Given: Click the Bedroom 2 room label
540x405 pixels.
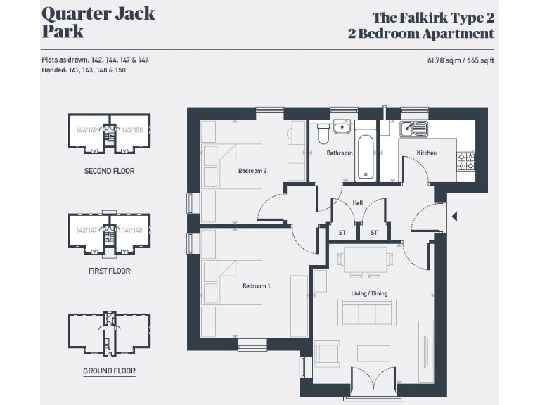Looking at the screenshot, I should [252, 171].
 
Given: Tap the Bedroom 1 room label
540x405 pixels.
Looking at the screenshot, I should [256, 286].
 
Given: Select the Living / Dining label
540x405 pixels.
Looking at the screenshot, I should [370, 293].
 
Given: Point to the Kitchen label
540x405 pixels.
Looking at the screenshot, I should [426, 153].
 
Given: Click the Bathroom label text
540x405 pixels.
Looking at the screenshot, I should [339, 153].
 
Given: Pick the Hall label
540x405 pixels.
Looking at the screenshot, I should [358, 203].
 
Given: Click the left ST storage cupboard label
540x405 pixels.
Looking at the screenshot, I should [342, 233].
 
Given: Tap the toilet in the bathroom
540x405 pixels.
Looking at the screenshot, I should [323, 132].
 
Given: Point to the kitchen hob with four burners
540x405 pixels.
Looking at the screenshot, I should [466, 161].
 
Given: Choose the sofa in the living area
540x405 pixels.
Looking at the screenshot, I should [364, 311].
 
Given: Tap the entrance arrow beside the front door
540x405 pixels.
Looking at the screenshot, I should [454, 216].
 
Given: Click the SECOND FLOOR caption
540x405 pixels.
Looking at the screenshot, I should [109, 171].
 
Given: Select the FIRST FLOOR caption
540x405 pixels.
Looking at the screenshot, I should [109, 271].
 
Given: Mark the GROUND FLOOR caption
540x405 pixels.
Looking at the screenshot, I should [109, 371].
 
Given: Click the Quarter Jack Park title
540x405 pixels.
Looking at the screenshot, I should [98, 22].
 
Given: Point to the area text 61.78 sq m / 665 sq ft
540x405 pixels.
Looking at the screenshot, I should [461, 60].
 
